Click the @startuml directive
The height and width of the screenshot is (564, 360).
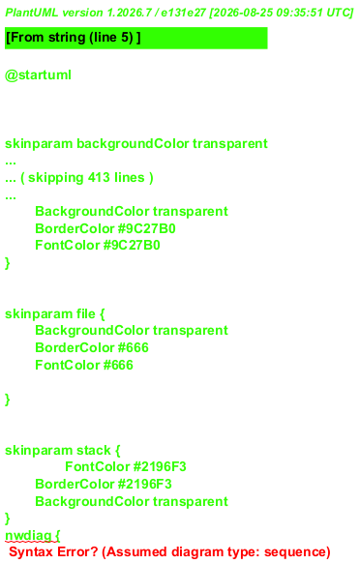(38, 75)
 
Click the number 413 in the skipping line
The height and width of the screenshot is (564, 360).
(99, 177)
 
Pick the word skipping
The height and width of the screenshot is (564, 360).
(56, 178)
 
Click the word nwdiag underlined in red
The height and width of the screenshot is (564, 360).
(28, 535)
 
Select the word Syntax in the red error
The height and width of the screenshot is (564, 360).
(30, 552)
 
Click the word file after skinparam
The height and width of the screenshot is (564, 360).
(85, 313)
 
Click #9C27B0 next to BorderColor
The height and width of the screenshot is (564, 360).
(146, 228)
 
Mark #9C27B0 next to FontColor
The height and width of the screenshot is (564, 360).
(132, 246)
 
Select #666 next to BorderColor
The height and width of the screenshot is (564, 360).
(134, 347)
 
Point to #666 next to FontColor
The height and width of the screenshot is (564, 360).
(118, 365)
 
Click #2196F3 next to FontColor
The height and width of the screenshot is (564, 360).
(160, 466)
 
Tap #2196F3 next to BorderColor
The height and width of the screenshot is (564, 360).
(144, 484)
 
